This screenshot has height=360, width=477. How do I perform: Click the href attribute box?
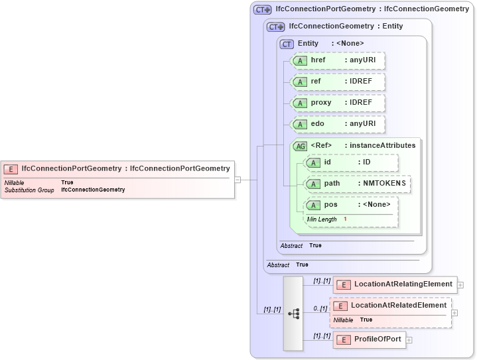[x=338, y=60]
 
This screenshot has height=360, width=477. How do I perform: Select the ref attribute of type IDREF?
[x=338, y=82]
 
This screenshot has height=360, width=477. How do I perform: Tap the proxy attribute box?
[x=338, y=103]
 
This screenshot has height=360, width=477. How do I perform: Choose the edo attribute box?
[x=338, y=124]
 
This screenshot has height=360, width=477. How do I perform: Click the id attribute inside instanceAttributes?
[x=351, y=162]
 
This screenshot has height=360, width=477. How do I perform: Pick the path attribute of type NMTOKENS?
[x=357, y=184]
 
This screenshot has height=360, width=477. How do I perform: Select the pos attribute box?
[x=351, y=205]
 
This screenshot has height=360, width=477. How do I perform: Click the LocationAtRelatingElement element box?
[x=395, y=284]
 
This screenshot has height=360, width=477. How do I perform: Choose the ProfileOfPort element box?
[x=370, y=339]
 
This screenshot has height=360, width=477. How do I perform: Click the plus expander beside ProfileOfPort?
[x=409, y=340]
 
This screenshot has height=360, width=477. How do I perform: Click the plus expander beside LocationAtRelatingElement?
[x=460, y=285]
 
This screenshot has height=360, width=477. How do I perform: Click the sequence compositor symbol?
[x=293, y=313]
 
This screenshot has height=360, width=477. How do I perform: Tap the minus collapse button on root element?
[x=238, y=179]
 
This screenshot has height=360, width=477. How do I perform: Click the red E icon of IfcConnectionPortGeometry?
[x=11, y=169]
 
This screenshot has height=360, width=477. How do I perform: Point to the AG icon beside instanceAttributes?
[x=300, y=146]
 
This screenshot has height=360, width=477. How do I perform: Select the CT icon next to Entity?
[x=287, y=44]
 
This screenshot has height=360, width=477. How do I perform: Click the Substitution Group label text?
[x=29, y=190]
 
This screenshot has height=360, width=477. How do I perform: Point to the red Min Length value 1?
[x=345, y=219]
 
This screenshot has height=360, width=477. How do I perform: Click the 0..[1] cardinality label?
[x=321, y=308]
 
